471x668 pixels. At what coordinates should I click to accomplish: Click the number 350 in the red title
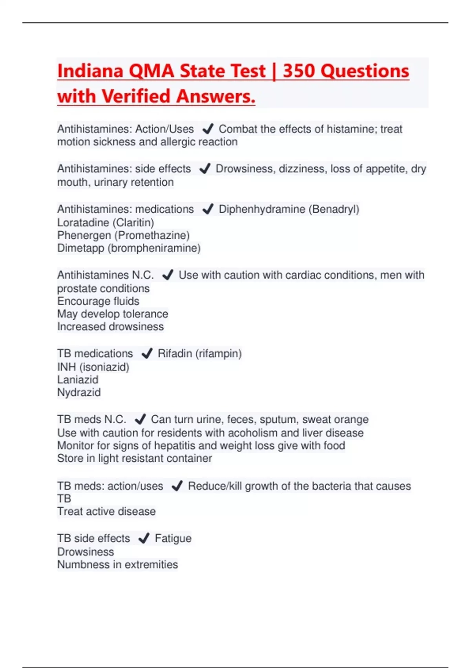298,71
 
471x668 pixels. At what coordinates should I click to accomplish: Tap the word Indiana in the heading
90,71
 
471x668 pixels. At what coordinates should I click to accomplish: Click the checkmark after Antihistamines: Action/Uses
208,128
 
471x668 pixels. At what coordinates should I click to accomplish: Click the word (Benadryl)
334,209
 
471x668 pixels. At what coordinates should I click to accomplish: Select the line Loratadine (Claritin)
106,222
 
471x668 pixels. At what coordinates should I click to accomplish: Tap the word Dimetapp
80,248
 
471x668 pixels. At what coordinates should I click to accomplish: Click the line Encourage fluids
98,301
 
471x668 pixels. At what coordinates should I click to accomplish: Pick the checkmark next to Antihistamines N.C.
168,275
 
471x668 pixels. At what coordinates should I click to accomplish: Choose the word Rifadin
175,353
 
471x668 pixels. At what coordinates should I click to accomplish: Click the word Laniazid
78,380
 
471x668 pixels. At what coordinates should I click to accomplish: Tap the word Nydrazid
79,392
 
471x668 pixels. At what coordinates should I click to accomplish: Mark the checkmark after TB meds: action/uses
177,486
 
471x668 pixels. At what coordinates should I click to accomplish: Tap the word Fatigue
173,538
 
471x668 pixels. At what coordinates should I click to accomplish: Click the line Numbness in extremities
117,564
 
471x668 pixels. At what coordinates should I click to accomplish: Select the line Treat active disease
106,511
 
